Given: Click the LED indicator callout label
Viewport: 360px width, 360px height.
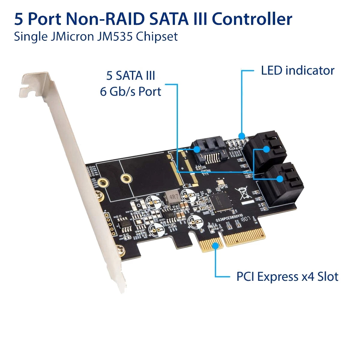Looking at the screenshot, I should click(x=297, y=70).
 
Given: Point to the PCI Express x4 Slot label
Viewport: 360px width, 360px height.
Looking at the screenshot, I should click(x=287, y=277).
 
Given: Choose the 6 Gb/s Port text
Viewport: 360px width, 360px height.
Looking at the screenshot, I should click(x=130, y=91).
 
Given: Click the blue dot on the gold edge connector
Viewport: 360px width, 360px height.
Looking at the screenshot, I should click(x=215, y=245).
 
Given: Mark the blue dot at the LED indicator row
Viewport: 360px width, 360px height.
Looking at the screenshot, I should click(x=241, y=135).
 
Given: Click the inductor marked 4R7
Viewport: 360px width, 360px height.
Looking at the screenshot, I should click(x=173, y=198).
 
